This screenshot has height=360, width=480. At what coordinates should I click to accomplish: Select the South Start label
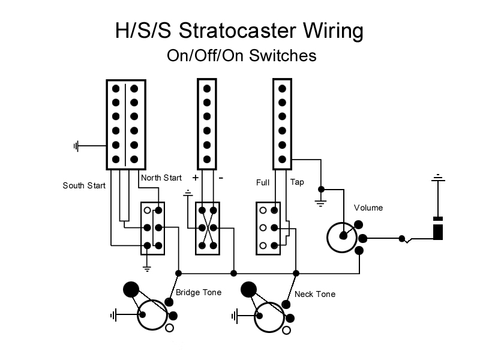tap(84, 185)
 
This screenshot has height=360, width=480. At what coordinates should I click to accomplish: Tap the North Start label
tap(161, 178)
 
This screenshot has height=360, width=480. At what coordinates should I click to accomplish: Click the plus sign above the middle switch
tap(195, 178)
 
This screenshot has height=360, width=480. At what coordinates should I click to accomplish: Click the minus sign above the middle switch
tap(220, 178)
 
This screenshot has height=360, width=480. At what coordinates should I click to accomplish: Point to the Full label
tap(262, 182)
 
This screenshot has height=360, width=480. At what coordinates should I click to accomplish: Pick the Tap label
tap(297, 182)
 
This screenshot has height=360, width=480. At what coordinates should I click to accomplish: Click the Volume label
tap(368, 208)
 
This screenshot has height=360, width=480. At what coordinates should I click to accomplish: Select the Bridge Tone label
tap(199, 292)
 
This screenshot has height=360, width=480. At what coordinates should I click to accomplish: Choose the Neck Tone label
tap(315, 294)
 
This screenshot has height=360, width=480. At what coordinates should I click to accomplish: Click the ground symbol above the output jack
tap(439, 178)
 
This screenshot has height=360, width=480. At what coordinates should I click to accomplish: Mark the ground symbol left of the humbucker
tap(76, 146)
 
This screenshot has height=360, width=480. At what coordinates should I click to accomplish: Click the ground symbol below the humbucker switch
tap(146, 268)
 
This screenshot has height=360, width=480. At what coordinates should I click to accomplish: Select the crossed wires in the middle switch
tap(208, 228)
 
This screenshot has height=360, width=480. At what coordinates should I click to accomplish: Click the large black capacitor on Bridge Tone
tap(130, 289)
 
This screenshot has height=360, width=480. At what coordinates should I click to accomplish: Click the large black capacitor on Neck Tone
tap(248, 290)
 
